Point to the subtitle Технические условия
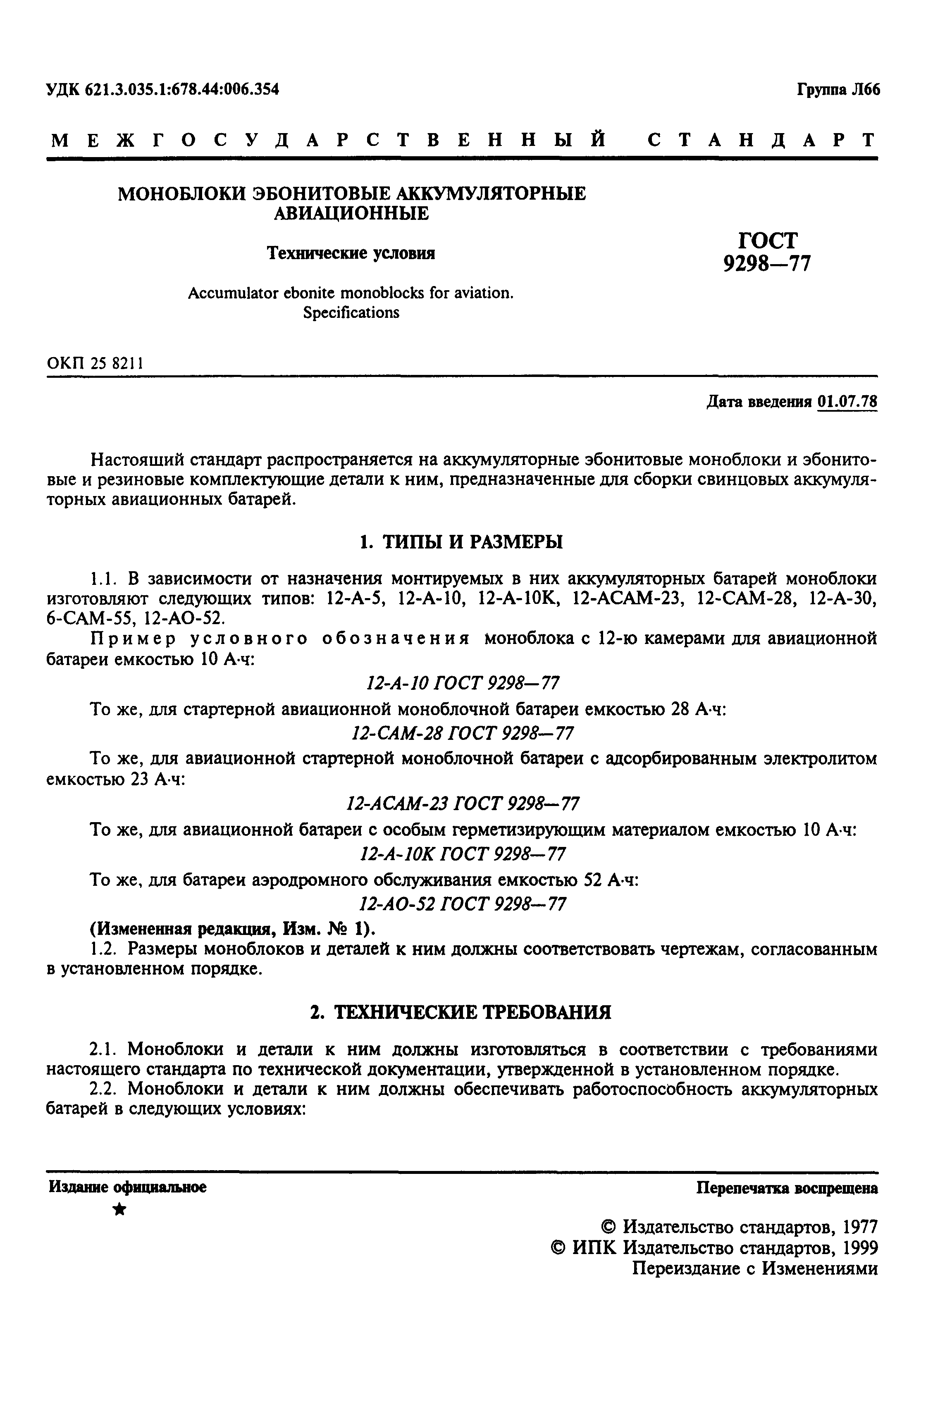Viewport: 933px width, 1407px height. click(x=351, y=253)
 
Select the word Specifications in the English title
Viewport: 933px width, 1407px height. click(x=351, y=312)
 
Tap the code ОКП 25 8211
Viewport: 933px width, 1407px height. click(x=95, y=363)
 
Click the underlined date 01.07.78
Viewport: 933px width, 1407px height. click(x=847, y=402)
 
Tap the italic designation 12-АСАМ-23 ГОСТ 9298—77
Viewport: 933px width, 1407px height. click(x=462, y=804)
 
